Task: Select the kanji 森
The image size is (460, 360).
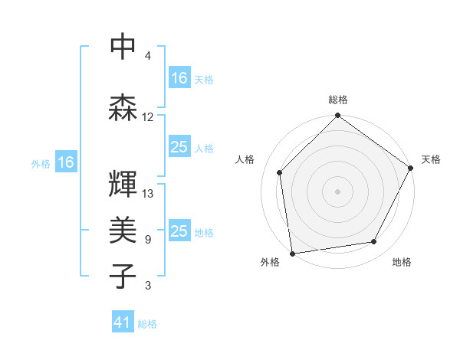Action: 123,107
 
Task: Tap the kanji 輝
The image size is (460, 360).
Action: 123,184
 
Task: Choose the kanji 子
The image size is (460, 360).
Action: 123,276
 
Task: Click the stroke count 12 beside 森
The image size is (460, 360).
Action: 148,117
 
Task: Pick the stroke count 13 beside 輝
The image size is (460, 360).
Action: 148,194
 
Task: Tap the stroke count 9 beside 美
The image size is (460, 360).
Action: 148,240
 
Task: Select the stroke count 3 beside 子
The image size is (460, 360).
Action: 148,286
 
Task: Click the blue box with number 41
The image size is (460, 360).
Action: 123,323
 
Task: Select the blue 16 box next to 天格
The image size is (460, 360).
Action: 179,77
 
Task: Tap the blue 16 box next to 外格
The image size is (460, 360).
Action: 66,162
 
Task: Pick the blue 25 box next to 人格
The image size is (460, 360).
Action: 179,147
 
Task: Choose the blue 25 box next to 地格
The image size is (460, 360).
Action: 179,231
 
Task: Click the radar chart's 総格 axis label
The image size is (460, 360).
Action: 338,100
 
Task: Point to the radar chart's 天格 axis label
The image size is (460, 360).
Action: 431,159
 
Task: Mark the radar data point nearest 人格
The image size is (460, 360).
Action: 280,172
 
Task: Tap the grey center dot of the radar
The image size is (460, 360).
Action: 337,191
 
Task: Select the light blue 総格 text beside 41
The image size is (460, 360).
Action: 147,324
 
